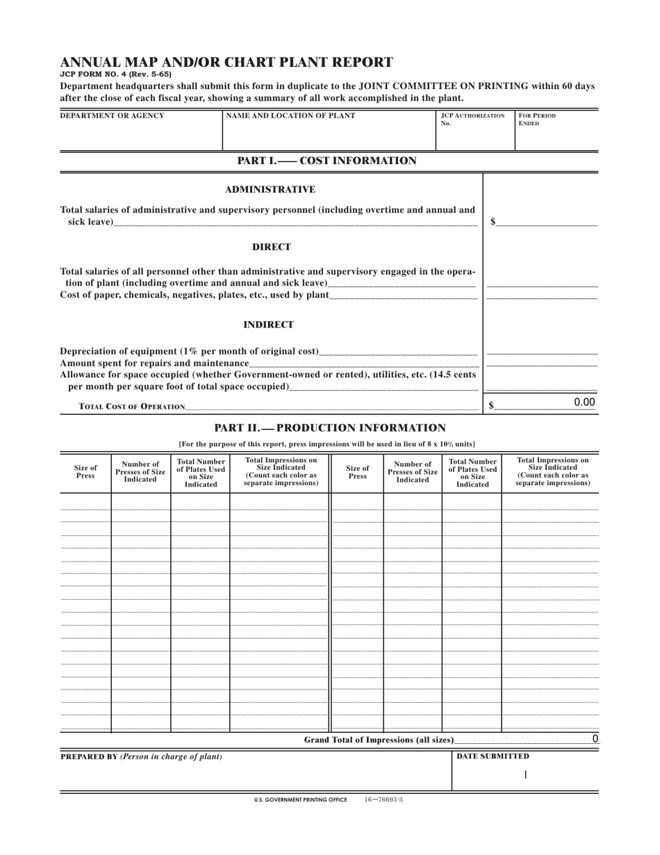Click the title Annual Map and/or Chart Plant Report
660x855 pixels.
click(x=226, y=62)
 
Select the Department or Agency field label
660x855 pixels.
click(x=113, y=116)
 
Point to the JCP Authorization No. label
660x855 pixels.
click(x=473, y=120)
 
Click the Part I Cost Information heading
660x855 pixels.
click(x=327, y=161)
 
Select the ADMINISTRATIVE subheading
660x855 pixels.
click(x=270, y=190)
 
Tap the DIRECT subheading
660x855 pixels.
click(x=271, y=247)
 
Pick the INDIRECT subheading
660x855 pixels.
click(x=268, y=325)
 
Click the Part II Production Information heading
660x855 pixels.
click(x=330, y=427)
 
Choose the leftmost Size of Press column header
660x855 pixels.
click(x=85, y=472)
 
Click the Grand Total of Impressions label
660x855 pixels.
click(x=379, y=740)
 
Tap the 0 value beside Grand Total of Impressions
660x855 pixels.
click(x=595, y=739)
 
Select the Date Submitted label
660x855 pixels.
click(x=493, y=756)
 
